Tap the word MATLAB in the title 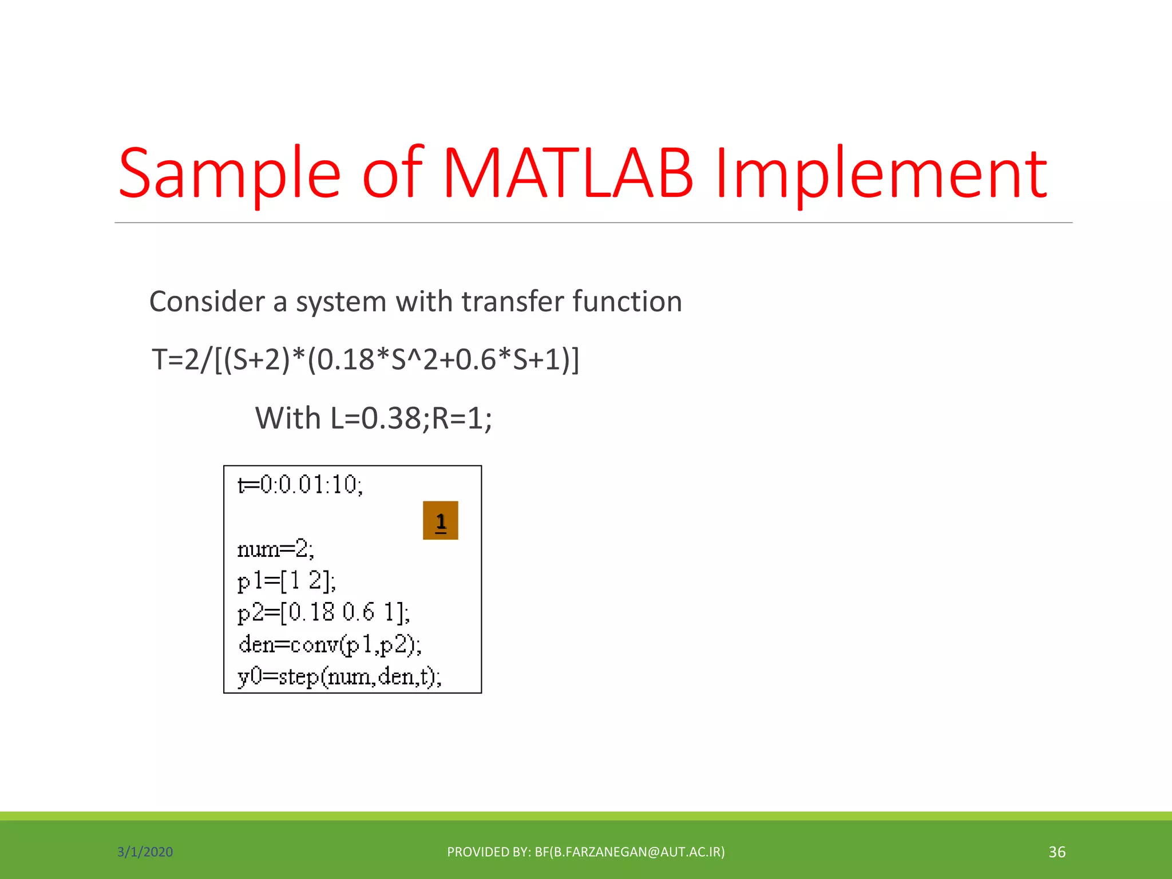point(568,173)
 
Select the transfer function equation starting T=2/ point(365,360)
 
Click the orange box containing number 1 point(441,521)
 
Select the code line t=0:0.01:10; point(300,485)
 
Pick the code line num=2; point(276,549)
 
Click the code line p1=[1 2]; point(287,581)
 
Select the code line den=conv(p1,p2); point(330,645)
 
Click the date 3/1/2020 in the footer point(145,852)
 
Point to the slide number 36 point(1056,852)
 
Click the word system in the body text point(341,302)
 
